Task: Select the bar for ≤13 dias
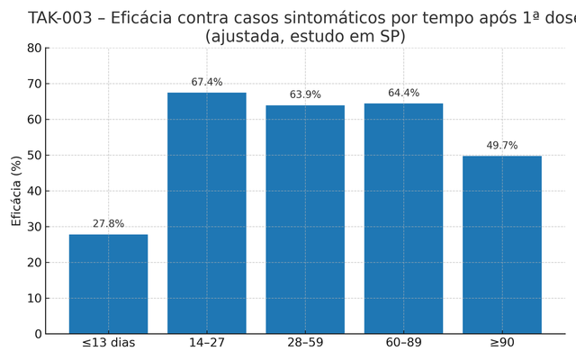click(x=108, y=283)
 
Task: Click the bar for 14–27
click(x=207, y=213)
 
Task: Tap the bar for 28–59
click(x=305, y=220)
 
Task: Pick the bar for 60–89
click(x=403, y=219)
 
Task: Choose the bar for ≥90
click(x=502, y=245)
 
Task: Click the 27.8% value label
click(x=108, y=224)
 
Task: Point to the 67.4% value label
click(x=207, y=83)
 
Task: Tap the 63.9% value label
click(x=305, y=95)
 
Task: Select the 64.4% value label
click(x=403, y=94)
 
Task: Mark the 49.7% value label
click(x=502, y=146)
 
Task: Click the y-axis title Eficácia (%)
click(x=16, y=191)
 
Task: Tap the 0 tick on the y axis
click(x=37, y=334)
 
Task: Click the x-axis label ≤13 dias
click(x=108, y=344)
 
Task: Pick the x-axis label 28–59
click(x=305, y=344)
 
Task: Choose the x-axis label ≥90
click(x=502, y=344)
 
